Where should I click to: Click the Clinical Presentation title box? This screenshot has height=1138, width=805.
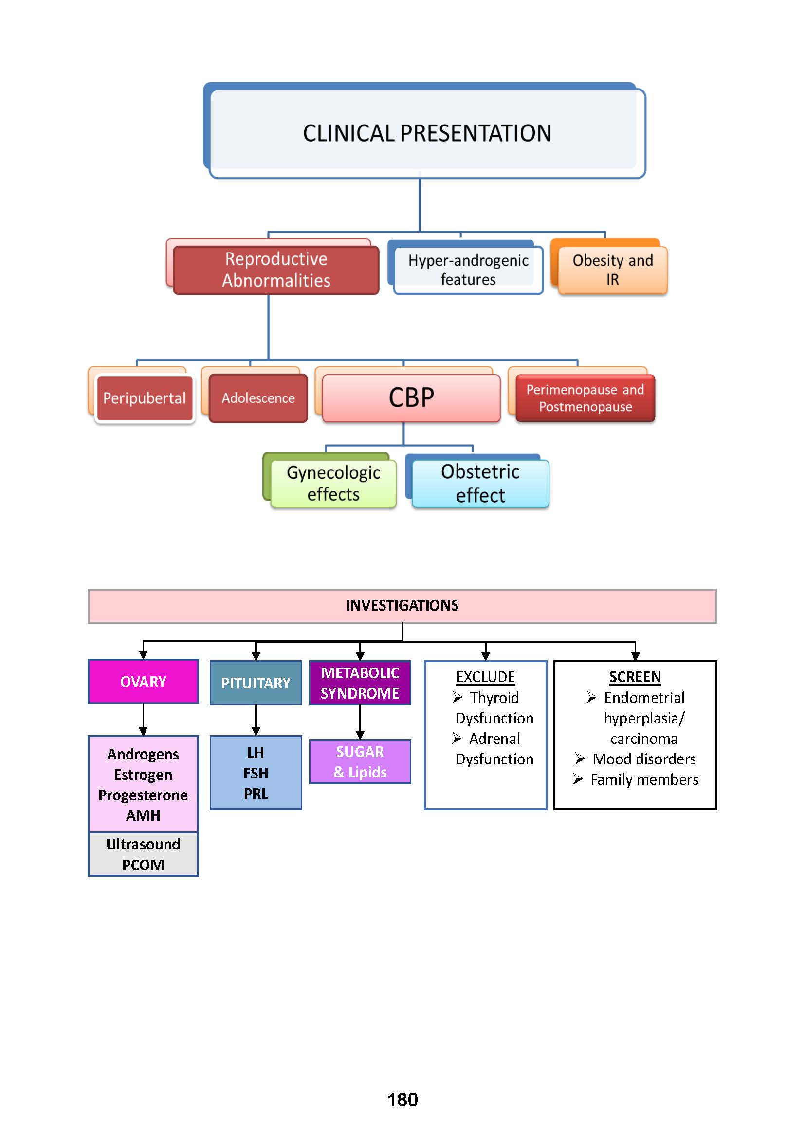pos(427,133)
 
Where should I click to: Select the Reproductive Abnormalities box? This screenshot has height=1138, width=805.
pos(276,270)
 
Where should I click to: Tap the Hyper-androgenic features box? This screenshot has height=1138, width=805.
pos(468,270)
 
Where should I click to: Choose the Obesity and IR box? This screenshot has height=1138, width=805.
pos(612,270)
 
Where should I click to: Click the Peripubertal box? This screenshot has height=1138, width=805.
pos(144,398)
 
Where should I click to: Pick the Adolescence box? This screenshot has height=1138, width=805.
pos(258,398)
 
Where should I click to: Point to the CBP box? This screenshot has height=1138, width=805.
pos(411,398)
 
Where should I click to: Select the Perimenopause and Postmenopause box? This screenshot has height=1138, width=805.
pos(585,398)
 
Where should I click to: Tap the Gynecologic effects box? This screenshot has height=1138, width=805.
pos(333,483)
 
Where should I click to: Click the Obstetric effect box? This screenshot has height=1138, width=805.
pos(480,483)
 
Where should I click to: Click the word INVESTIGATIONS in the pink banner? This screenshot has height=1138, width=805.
pos(402,605)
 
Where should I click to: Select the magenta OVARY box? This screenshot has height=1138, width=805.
pos(143,682)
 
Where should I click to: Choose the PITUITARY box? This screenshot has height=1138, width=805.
pos(256,683)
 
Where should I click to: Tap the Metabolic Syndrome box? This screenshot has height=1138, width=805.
pos(360,683)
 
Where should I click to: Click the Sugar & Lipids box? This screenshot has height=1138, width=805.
pos(360,762)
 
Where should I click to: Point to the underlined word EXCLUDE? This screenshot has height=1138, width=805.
pos(485,677)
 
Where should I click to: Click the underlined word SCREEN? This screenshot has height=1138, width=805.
pos(635,677)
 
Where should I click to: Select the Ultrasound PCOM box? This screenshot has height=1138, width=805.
pos(143,854)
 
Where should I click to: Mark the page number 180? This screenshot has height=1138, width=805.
pos(402,1100)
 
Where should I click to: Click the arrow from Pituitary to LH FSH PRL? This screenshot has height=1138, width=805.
pos(256,720)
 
